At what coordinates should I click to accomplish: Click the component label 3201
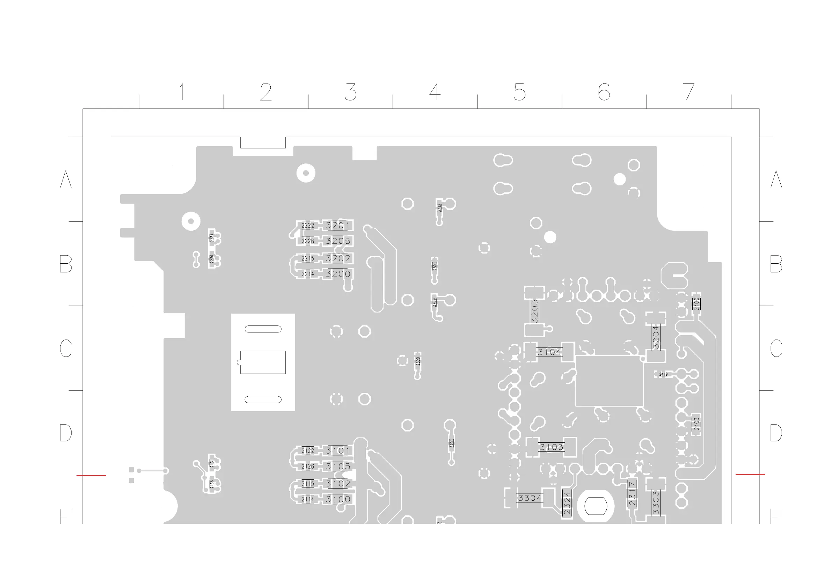tap(338, 225)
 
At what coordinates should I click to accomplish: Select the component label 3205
tap(338, 241)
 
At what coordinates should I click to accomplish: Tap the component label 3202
tap(338, 258)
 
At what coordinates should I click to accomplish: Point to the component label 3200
tap(338, 274)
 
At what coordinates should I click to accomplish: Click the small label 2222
tap(308, 225)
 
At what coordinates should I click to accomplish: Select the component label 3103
tap(551, 447)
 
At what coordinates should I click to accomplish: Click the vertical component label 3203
tap(534, 311)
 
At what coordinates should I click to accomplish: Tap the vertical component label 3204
tap(656, 337)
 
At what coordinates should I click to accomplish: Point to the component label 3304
tap(530, 498)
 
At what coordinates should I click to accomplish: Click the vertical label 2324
tap(567, 503)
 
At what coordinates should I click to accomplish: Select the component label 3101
tap(338, 451)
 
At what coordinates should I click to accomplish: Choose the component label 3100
tap(338, 499)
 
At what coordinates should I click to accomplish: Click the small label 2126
tap(308, 466)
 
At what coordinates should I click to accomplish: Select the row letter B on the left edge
tap(66, 264)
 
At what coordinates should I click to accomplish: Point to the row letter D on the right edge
tap(776, 433)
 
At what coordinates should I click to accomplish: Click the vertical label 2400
tap(696, 303)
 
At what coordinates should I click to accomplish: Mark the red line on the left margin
tap(91, 475)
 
